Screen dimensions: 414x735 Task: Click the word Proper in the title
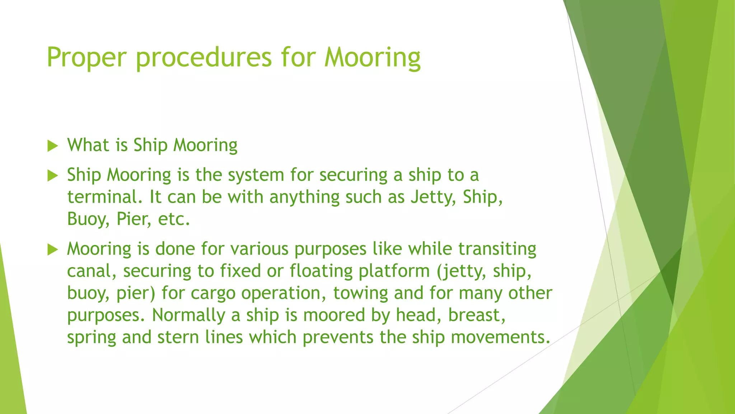(x=86, y=57)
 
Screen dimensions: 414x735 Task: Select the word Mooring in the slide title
(x=372, y=57)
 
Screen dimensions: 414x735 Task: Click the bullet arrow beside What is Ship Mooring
(x=53, y=146)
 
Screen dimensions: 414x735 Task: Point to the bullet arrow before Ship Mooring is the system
(x=53, y=176)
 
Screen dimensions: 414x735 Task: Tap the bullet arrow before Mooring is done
(x=53, y=249)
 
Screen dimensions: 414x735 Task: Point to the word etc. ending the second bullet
(x=174, y=220)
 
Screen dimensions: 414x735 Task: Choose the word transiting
(x=497, y=249)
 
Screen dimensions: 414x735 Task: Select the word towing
(x=360, y=293)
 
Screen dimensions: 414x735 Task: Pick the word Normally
(x=188, y=316)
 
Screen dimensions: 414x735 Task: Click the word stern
(x=178, y=337)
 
